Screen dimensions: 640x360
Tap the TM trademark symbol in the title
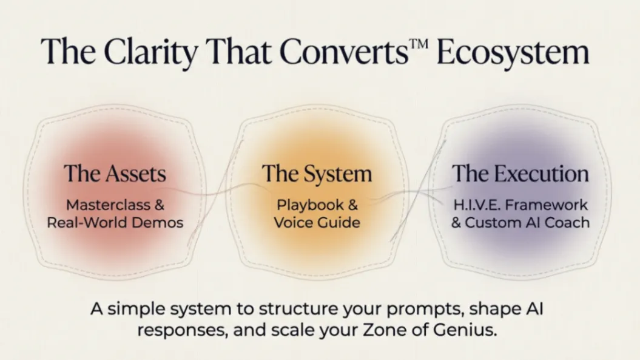[418, 44]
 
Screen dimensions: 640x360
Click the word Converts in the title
[344, 52]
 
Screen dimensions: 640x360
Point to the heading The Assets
[115, 173]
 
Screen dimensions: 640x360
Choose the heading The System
[317, 174]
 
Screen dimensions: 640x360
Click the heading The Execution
[520, 173]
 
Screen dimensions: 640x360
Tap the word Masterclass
[108, 205]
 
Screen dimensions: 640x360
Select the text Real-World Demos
[115, 223]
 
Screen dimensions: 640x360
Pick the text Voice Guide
[317, 223]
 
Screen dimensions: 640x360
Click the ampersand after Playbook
[352, 205]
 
